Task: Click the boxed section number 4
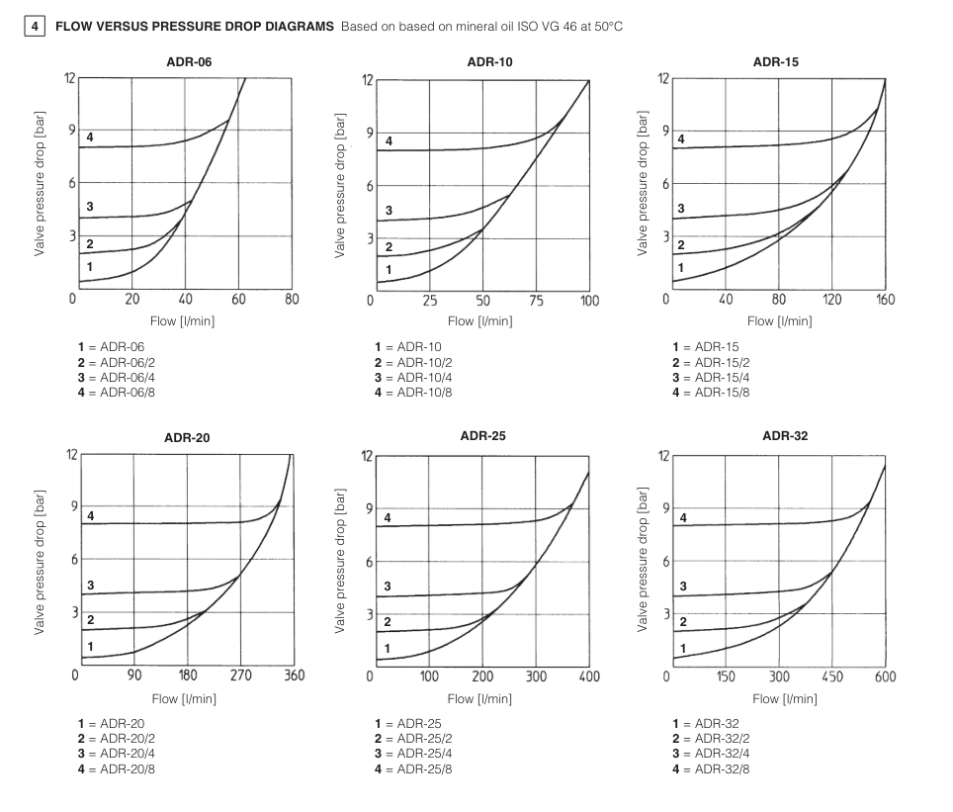coord(36,25)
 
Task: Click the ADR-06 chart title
coord(189,62)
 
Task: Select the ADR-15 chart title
coord(775,62)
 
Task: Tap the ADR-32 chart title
coord(785,435)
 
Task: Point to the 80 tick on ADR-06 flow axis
coord(291,300)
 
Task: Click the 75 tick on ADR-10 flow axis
coord(536,301)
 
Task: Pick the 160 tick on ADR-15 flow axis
coord(885,300)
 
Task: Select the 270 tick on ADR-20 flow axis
coord(241,676)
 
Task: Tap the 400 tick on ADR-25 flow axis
coord(589,677)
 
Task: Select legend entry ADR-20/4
coord(117,754)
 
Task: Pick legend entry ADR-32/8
coord(710,768)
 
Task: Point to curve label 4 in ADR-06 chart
coord(90,137)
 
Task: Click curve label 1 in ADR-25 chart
coord(388,649)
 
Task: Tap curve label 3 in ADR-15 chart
coord(680,209)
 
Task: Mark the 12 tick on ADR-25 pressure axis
coord(367,456)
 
